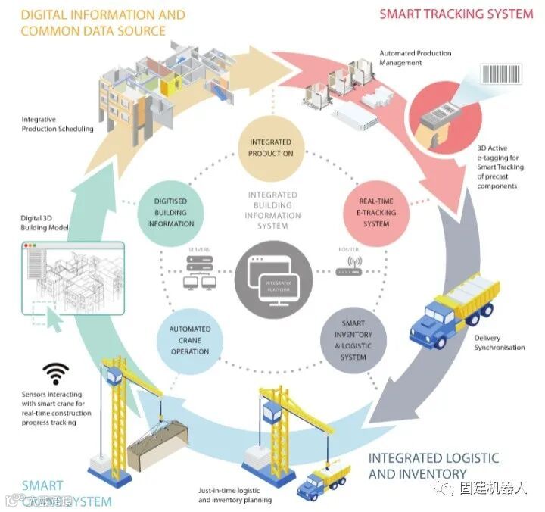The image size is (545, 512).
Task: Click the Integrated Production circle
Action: tap(270, 148)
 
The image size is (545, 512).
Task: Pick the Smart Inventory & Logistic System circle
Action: tap(353, 340)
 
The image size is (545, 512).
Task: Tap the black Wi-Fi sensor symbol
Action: tap(55, 373)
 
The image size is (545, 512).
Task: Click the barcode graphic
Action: tap(500, 73)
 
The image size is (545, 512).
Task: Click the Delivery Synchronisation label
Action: tap(499, 342)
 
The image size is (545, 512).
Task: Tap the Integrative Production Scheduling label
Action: tap(57, 124)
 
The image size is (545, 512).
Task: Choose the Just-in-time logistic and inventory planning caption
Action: tap(235, 495)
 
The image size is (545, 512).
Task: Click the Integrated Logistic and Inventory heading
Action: tap(433, 466)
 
